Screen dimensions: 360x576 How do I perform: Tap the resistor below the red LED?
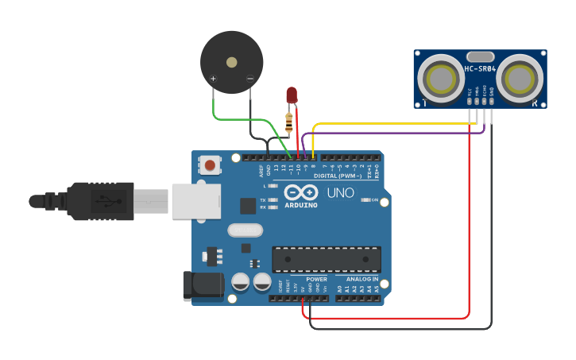(289, 122)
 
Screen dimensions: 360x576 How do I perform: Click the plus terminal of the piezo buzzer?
(213, 79)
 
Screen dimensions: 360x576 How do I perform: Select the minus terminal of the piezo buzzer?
(249, 79)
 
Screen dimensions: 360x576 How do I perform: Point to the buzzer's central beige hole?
(231, 62)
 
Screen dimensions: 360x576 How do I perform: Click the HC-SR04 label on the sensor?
(480, 69)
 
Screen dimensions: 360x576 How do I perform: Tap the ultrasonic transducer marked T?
(439, 78)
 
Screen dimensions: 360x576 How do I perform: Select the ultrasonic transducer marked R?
(521, 78)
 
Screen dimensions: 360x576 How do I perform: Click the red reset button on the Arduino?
(209, 165)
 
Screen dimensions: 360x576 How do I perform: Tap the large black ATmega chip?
(326, 259)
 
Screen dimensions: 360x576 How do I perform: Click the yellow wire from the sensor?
(397, 125)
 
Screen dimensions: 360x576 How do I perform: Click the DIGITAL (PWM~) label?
(338, 176)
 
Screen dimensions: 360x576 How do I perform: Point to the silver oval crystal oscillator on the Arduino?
(245, 230)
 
